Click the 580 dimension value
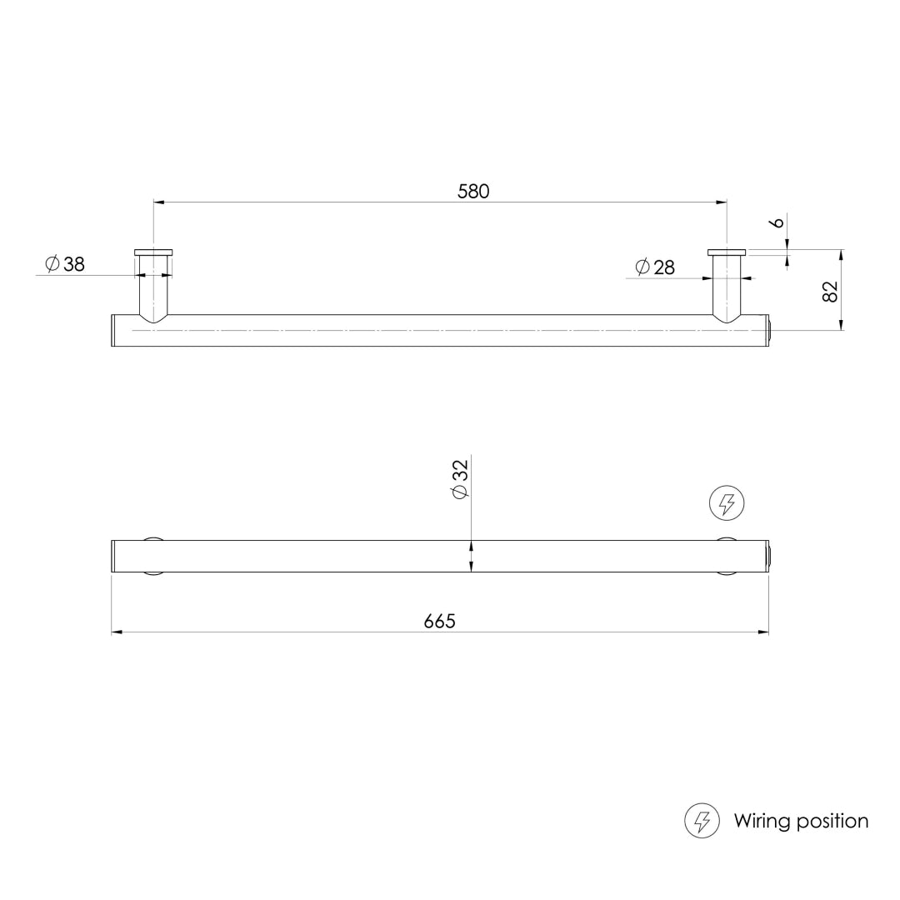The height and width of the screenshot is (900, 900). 473,191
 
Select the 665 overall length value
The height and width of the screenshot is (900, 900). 440,622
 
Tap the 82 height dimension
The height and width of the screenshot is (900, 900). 830,291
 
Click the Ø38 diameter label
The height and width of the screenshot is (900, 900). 66,265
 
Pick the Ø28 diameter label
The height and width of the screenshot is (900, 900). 655,267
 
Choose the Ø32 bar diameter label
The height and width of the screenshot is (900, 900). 460,479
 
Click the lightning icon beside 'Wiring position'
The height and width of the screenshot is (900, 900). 702,821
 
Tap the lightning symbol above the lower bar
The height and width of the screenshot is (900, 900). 727,503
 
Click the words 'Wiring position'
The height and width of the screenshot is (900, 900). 801,821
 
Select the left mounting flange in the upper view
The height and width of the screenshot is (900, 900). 153,252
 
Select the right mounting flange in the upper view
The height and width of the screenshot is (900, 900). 727,252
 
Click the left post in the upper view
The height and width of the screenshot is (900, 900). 153,287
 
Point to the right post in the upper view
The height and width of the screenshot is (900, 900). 727,287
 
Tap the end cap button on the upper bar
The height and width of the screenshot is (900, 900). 772,331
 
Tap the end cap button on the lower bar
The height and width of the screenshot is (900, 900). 772,556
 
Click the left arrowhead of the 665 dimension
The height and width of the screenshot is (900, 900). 117,632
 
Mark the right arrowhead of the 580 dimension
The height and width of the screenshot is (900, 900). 722,202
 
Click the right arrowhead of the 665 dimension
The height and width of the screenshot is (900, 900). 763,632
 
